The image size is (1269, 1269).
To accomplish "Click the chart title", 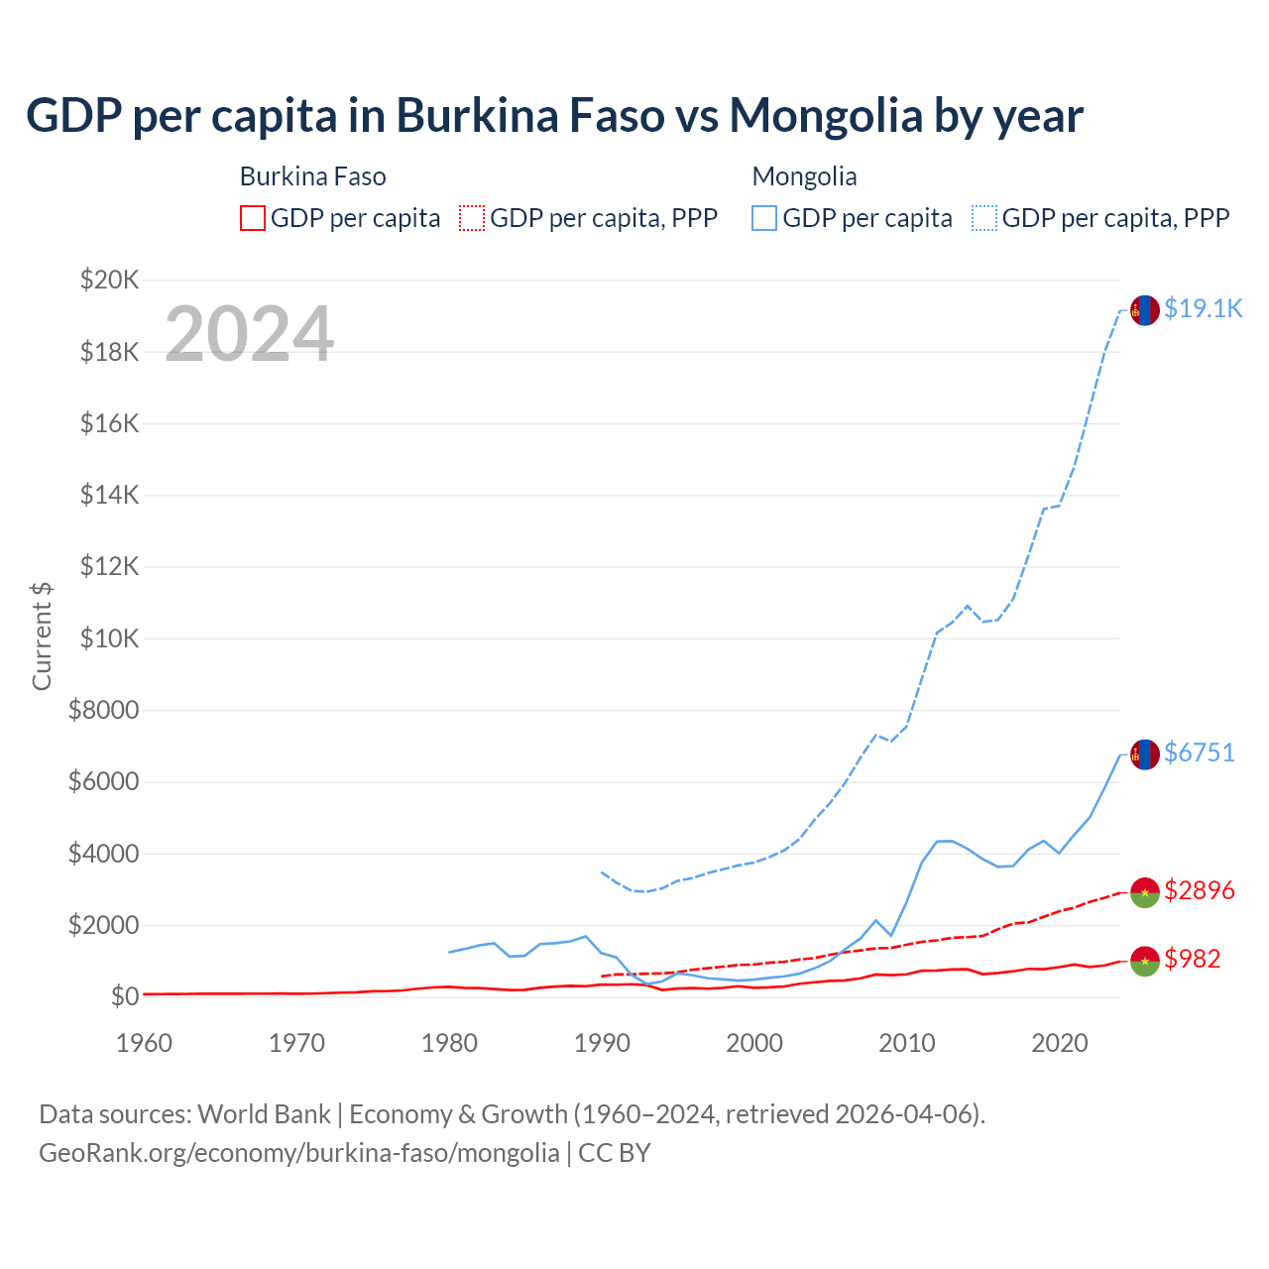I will click(554, 116).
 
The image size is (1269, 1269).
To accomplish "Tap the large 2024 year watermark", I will click(249, 334).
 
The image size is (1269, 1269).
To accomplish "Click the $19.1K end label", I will click(1203, 308).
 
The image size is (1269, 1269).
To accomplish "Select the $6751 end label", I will click(1199, 752).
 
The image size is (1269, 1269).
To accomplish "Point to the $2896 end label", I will click(1199, 890).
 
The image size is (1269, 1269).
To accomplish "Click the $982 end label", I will click(1192, 959).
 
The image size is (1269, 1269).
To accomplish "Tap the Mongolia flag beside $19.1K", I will click(1145, 310).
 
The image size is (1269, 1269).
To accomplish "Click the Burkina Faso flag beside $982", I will click(1145, 961).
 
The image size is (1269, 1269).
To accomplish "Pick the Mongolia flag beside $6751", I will click(1145, 754).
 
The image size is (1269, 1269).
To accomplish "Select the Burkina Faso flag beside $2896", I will click(1145, 892).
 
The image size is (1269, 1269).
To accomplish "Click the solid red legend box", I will click(253, 218).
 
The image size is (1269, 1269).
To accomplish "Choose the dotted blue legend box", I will click(984, 218).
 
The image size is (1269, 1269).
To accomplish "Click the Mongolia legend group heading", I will click(804, 176).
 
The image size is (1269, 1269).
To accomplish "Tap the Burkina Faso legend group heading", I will click(312, 176).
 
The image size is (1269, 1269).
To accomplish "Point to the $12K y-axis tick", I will click(109, 567).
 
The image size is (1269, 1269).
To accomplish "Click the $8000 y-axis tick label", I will click(103, 710).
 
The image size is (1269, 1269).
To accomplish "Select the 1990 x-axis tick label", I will click(602, 1043).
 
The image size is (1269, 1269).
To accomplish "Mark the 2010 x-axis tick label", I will click(907, 1043).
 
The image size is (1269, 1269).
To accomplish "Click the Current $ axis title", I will click(42, 636).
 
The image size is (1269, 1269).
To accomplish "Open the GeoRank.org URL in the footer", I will click(298, 1153).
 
